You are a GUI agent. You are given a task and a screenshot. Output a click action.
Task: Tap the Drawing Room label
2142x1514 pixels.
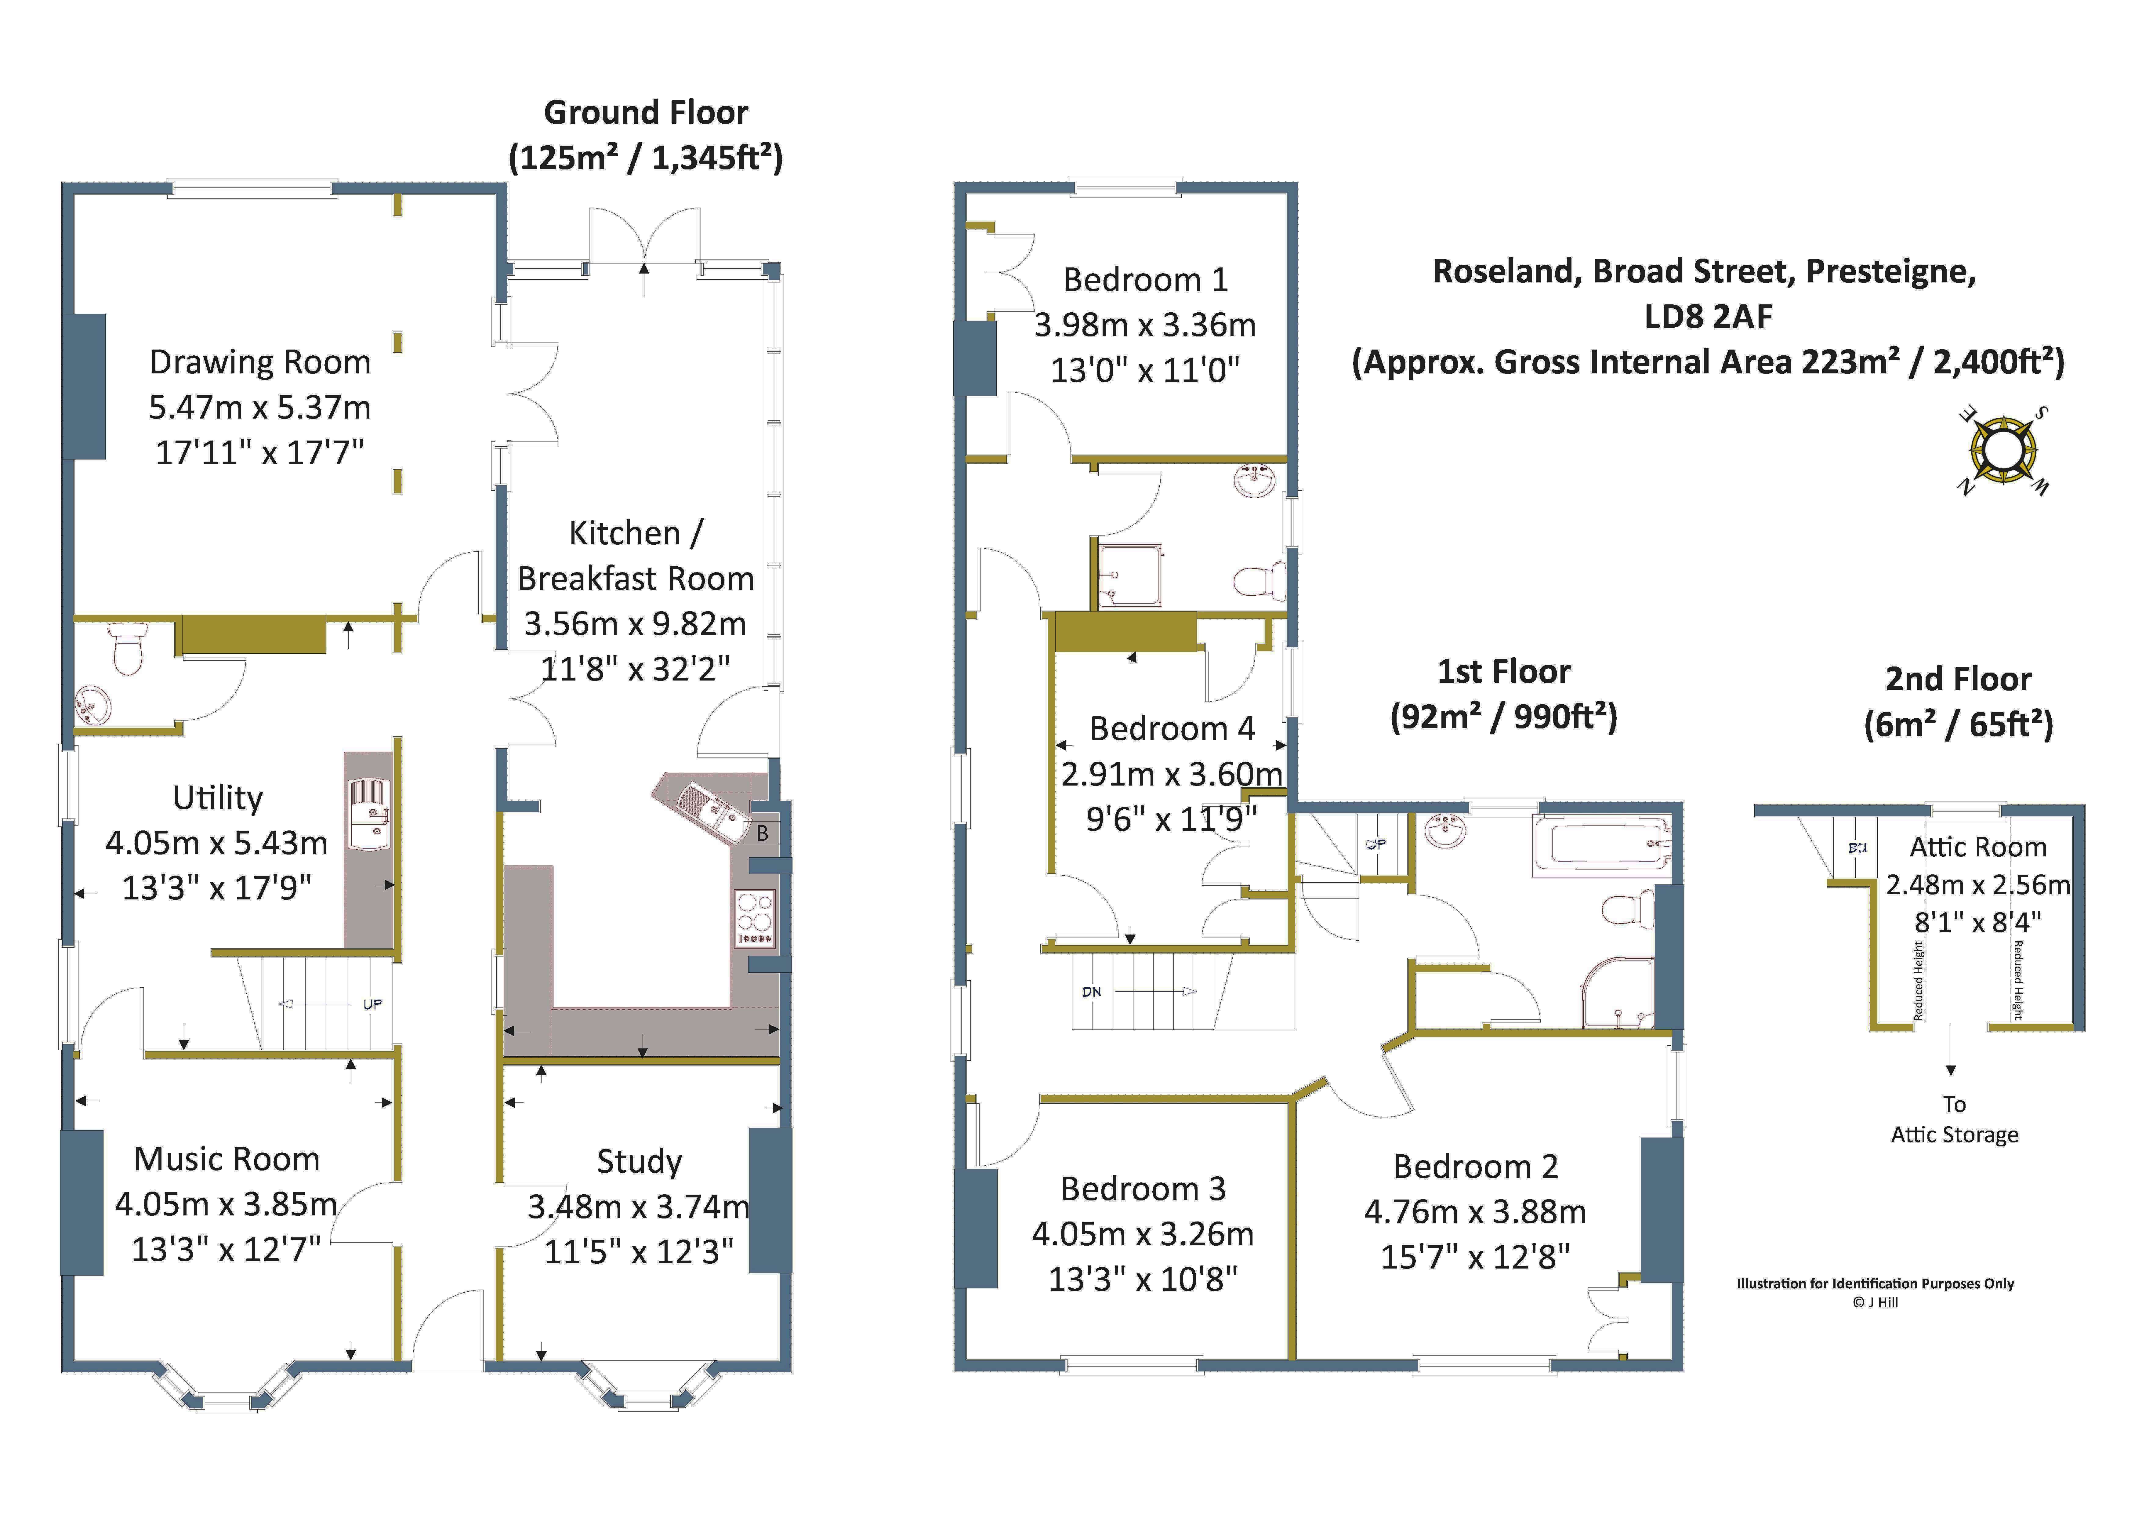pos(260,362)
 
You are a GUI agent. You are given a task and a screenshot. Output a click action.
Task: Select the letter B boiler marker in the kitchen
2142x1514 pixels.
pos(762,833)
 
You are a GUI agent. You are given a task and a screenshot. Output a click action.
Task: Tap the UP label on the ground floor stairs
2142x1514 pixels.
pos(372,1005)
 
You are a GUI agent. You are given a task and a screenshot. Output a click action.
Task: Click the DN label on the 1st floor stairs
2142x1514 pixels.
pos(1092,992)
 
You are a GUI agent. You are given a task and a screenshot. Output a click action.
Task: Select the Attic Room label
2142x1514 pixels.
pos(1978,847)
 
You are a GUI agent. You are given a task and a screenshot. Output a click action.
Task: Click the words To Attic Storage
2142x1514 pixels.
pos(1955,1120)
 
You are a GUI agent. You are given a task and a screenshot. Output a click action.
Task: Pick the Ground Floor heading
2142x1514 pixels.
pos(646,113)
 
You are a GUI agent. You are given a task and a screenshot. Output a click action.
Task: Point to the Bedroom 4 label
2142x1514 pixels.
pos(1172,728)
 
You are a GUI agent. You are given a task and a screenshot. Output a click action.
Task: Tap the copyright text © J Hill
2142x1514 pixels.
pos(1875,1302)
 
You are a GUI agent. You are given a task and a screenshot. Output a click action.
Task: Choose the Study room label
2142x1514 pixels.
pos(639,1162)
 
